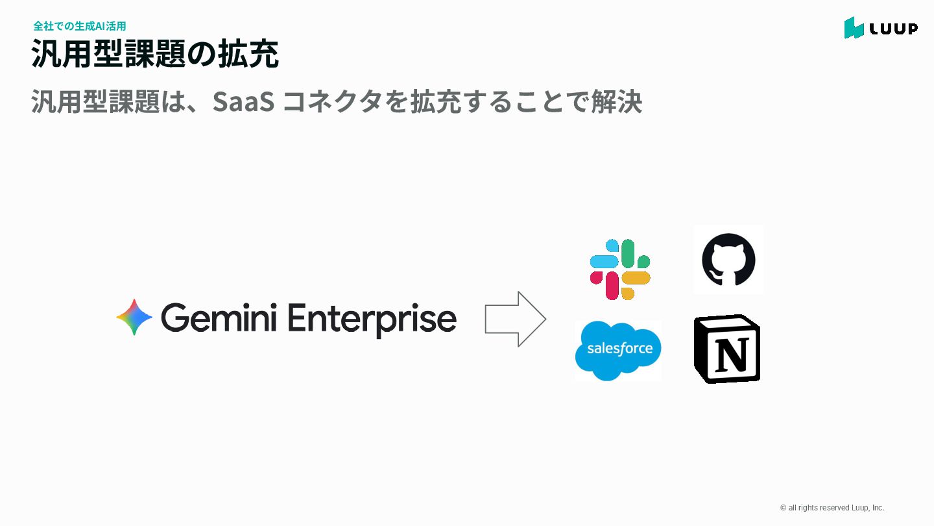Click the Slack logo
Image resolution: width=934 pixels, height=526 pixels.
coord(620,269)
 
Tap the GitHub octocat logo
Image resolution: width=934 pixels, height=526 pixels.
coord(728,260)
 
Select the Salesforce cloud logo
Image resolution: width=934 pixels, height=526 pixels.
coord(618,351)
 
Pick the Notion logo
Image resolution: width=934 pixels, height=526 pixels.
coord(727,349)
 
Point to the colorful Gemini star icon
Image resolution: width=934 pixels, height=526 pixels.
coord(134,318)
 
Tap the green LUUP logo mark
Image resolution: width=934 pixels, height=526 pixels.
coord(854,28)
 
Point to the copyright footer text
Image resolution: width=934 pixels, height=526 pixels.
coord(832,508)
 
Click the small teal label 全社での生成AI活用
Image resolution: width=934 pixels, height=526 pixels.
coord(79,26)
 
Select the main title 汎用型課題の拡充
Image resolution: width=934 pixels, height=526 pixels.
coord(155,54)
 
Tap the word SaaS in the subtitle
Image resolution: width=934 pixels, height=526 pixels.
coord(242,101)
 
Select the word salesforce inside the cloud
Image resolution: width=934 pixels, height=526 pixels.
coord(619,349)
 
